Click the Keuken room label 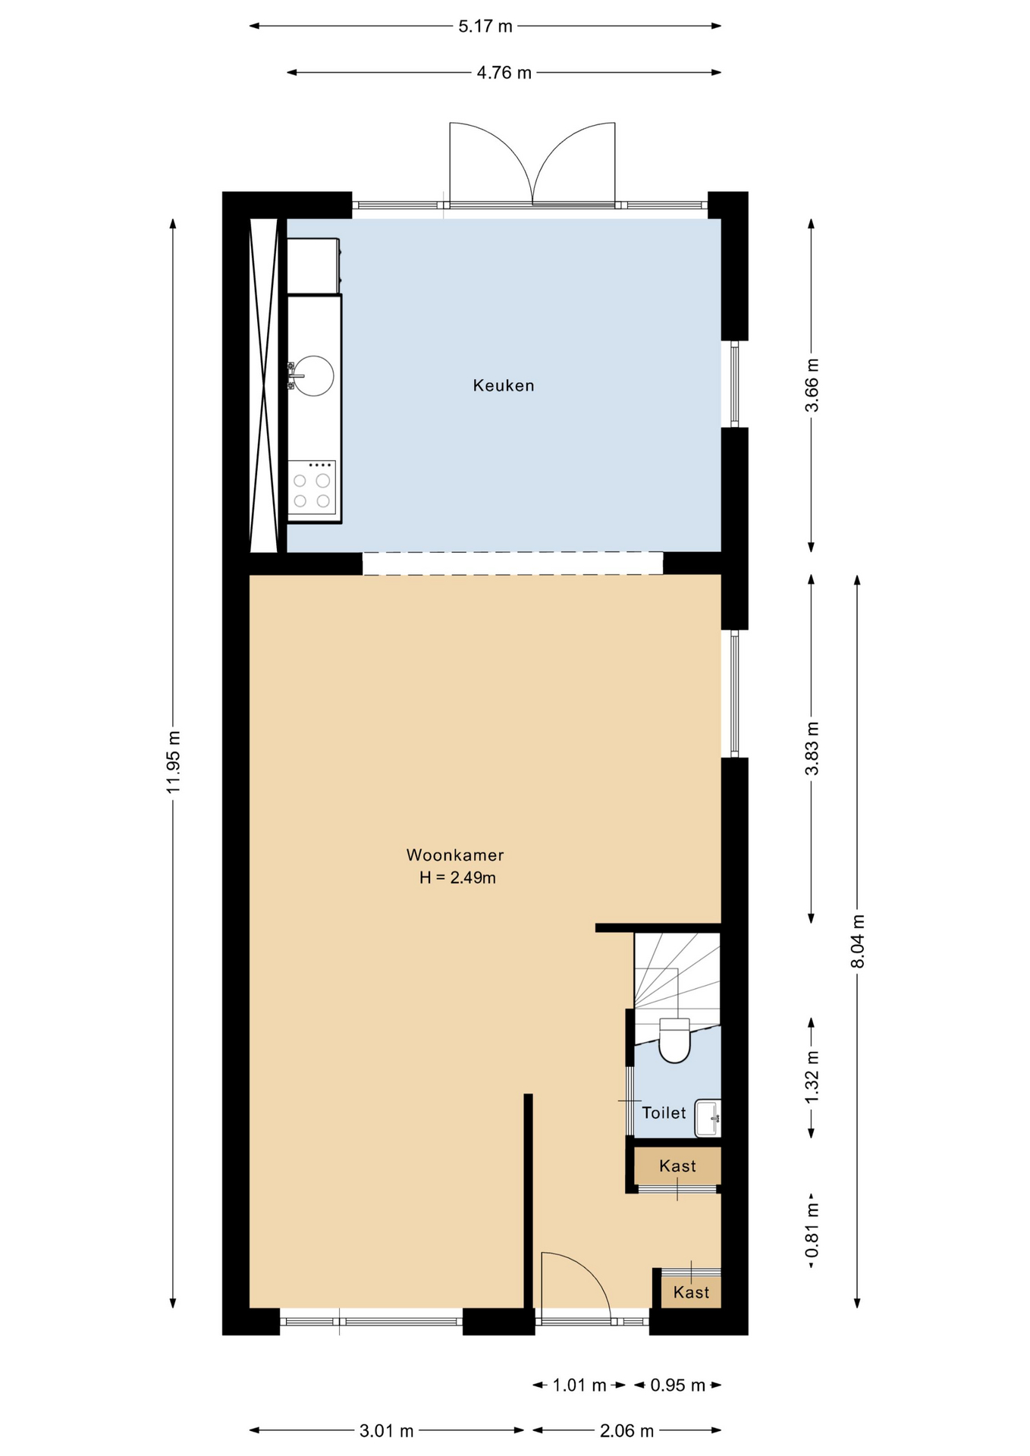click(x=504, y=385)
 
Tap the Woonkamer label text click(x=455, y=855)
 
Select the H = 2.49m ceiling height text click(x=457, y=877)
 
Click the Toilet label click(x=664, y=1112)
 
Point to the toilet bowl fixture click(x=674, y=1040)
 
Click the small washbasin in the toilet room click(x=708, y=1118)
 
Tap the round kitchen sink click(x=313, y=375)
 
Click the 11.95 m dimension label click(x=174, y=762)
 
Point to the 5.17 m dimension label click(x=485, y=27)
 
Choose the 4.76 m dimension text click(x=504, y=73)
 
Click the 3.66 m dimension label click(x=812, y=384)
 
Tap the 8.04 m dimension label click(x=858, y=941)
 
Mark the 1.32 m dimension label click(x=812, y=1078)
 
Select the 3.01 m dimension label click(x=387, y=1430)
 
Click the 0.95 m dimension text click(x=678, y=1385)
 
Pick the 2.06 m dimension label click(x=626, y=1430)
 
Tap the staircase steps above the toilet click(x=677, y=977)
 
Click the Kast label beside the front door click(x=691, y=1292)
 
